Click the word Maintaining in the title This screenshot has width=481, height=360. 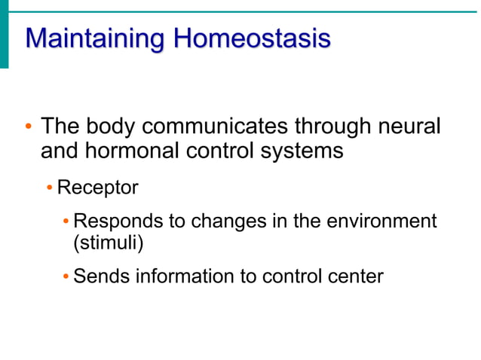click(x=96, y=38)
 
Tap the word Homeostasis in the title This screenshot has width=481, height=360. click(x=253, y=38)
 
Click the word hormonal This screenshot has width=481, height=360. click(x=135, y=151)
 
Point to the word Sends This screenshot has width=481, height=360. click(x=102, y=276)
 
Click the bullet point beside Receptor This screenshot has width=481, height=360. click(x=49, y=188)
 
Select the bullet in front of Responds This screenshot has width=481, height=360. click(x=66, y=221)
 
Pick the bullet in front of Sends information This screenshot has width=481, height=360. click(x=66, y=276)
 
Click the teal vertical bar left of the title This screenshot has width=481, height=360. click(x=4, y=38)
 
